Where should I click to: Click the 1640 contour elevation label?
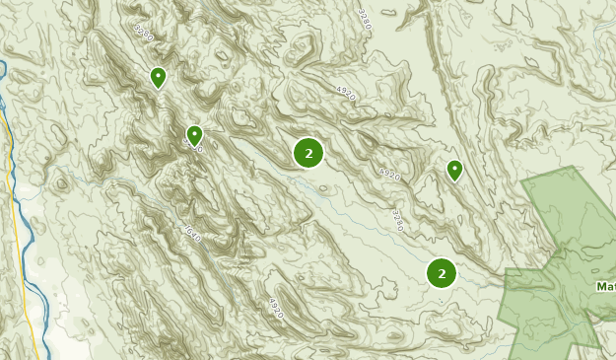[192, 234]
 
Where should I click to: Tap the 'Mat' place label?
[605, 287]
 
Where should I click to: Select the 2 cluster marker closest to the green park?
[442, 273]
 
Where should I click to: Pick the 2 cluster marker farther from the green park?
[308, 153]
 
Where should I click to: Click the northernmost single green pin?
[158, 77]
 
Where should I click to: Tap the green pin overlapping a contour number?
[194, 135]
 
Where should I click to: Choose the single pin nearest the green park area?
[454, 171]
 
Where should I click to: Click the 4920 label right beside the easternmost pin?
[390, 174]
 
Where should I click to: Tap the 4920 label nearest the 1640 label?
[275, 308]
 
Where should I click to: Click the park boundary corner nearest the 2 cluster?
[507, 270]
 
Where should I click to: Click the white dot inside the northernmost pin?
[158, 74]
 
